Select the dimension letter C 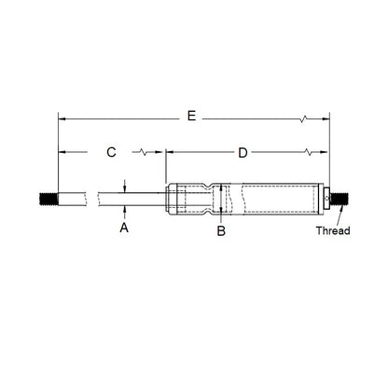pyautogui.click(x=111, y=151)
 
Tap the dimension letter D pyautogui.click(x=242, y=151)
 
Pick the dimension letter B pyautogui.click(x=221, y=229)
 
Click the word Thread pyautogui.click(x=332, y=230)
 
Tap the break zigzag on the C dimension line pyautogui.click(x=142, y=151)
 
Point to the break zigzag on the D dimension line pyautogui.click(x=307, y=151)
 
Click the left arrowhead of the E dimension pyautogui.click(x=62, y=118)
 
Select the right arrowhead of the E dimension pyautogui.click(x=326, y=118)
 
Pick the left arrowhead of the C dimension pyautogui.click(x=62, y=151)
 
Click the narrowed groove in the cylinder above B pyautogui.click(x=220, y=199)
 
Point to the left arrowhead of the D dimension pyautogui.click(x=169, y=151)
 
